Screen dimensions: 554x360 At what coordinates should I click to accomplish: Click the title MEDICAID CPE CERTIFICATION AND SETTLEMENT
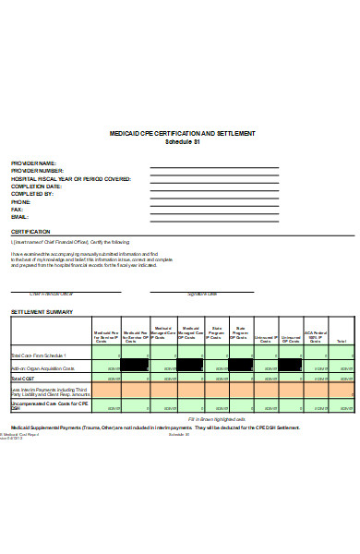[182, 134]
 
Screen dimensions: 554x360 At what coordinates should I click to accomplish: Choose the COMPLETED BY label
[32, 194]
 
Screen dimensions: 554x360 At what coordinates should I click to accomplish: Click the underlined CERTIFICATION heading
[30, 232]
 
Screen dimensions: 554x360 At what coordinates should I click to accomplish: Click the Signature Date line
[202, 291]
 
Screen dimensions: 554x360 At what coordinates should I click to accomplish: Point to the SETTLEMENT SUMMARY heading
[42, 313]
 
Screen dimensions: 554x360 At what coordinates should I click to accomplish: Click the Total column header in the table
[341, 342]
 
